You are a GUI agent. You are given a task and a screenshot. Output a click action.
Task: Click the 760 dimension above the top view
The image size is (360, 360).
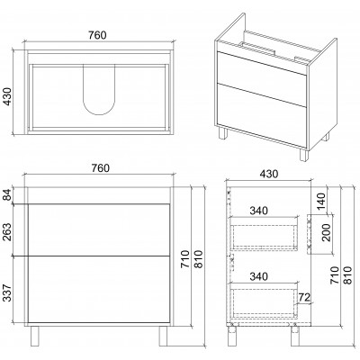[97, 35]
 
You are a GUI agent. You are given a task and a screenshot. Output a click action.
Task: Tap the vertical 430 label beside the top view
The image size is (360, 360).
[8, 96]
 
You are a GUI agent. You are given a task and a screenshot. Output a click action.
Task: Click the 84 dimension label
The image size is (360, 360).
[7, 195]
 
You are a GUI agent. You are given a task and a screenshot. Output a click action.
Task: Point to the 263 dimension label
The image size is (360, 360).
[7, 232]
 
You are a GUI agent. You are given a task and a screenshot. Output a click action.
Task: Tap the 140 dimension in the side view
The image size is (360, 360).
[320, 201]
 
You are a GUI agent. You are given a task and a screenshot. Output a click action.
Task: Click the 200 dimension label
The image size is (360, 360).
[327, 232]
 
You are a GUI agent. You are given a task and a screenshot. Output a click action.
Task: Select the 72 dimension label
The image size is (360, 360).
[304, 297]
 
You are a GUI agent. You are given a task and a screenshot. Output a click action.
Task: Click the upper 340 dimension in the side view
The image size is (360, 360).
[258, 211]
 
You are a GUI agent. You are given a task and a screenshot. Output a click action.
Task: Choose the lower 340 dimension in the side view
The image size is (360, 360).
[258, 276]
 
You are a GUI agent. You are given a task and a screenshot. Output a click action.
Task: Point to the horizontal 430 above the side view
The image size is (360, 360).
[269, 174]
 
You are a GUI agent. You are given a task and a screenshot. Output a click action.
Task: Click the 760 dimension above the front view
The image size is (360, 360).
[101, 168]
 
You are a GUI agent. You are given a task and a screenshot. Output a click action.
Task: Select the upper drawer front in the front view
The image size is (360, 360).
[98, 230]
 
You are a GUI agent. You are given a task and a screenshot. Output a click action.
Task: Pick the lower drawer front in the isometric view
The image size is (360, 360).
[261, 115]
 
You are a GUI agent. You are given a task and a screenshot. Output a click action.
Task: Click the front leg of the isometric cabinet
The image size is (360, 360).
[303, 155]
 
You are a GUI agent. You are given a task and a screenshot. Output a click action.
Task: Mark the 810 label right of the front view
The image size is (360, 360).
[199, 259]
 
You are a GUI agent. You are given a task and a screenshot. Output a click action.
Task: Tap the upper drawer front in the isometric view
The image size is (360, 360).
[261, 78]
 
